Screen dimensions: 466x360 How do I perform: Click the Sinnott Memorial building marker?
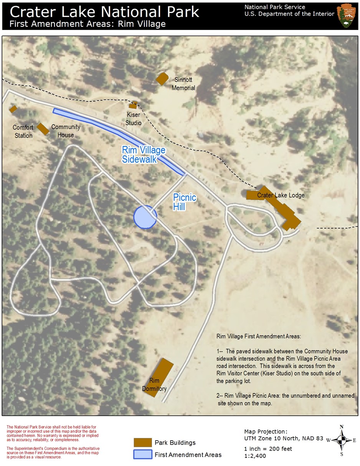point(162,78)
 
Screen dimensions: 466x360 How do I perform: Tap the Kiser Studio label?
point(134,119)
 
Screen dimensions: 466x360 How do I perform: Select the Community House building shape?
point(43,129)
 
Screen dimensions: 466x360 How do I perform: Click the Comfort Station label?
point(23,131)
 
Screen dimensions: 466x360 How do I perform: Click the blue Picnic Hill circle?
point(144,217)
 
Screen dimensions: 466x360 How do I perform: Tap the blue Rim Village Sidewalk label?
point(143,154)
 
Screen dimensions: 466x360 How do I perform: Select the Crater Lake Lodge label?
point(281,195)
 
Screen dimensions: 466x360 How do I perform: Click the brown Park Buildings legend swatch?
point(143,443)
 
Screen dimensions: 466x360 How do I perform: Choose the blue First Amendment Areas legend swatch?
point(143,454)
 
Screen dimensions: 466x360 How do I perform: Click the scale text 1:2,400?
point(255,456)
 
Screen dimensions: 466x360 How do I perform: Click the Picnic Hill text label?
point(185,202)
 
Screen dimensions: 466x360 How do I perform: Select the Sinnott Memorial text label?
point(183,84)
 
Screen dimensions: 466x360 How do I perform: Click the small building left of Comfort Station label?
point(13,109)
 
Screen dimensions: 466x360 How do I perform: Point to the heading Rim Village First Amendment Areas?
point(259,336)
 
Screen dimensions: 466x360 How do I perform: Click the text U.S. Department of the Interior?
point(289,14)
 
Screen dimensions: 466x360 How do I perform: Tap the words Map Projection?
point(265,431)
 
